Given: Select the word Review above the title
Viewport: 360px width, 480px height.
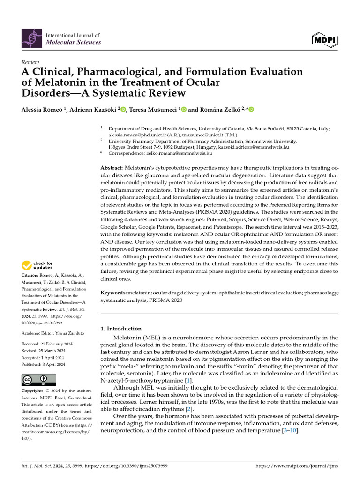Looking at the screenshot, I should (31, 62).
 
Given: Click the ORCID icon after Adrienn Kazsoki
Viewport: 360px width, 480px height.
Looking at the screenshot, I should (123, 110).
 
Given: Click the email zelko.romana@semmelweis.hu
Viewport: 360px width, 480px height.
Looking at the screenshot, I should (160, 153).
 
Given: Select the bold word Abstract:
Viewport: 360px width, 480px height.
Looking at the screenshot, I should (112, 168).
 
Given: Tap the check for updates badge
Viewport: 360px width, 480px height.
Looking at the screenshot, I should (37, 265).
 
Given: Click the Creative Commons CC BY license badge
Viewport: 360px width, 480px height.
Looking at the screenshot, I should (38, 379).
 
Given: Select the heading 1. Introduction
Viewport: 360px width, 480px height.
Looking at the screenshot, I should (121, 329).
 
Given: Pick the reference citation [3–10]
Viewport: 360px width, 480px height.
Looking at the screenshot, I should (290, 431).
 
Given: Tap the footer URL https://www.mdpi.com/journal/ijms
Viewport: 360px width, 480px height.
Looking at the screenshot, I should (296, 466).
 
